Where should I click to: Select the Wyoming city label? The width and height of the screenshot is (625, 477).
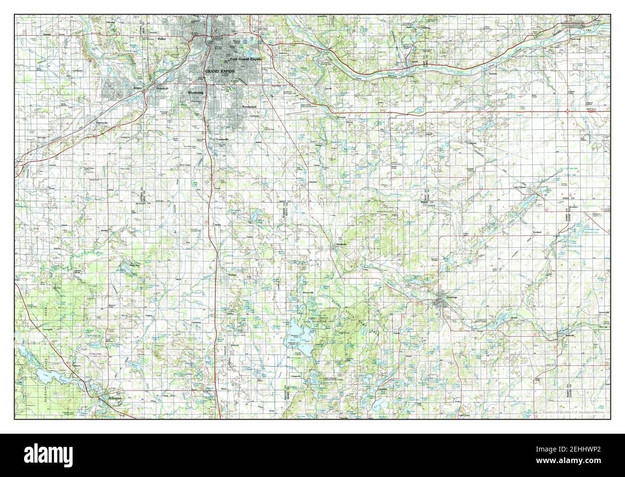[195, 92]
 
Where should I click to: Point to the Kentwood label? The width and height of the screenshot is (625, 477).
[250, 106]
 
